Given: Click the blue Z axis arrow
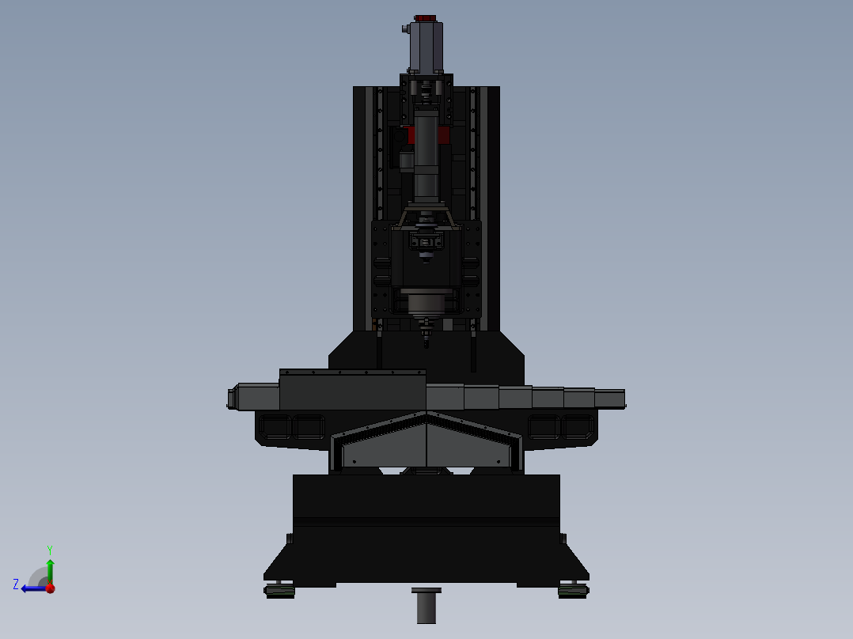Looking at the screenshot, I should (33, 588).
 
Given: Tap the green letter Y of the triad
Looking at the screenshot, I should (49, 549).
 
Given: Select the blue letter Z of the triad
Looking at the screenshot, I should (16, 584).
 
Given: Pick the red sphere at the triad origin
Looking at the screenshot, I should (50, 588).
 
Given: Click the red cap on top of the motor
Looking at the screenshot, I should (426, 18).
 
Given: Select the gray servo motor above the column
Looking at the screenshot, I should (426, 46).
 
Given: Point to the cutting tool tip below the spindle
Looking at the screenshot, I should (426, 342).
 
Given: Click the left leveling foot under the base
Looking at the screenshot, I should (279, 590).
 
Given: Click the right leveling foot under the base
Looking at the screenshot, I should (572, 590).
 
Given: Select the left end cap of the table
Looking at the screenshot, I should (233, 397).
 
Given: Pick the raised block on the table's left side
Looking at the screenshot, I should (352, 391).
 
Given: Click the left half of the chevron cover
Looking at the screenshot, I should (384, 447).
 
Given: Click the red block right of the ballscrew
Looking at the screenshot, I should (444, 134).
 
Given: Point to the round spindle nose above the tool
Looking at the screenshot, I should (426, 304).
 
